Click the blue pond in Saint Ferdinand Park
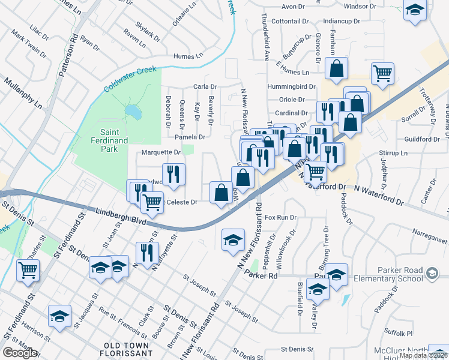(x=133, y=112)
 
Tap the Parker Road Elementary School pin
(x=432, y=274)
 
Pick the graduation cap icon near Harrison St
(x=59, y=316)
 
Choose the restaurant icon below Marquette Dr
(x=173, y=174)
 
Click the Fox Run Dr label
(x=281, y=217)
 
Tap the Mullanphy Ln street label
(x=22, y=92)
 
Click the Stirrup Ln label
(x=395, y=153)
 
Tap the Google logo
(x=20, y=353)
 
